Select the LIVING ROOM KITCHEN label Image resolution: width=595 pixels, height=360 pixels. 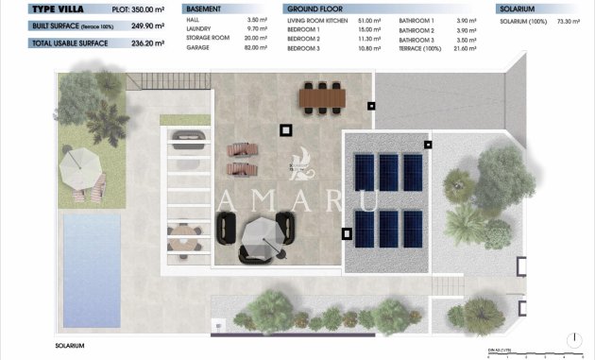[318, 18]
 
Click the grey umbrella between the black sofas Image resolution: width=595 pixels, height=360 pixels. [261, 232]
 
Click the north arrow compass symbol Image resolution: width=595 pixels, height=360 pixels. [575, 338]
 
